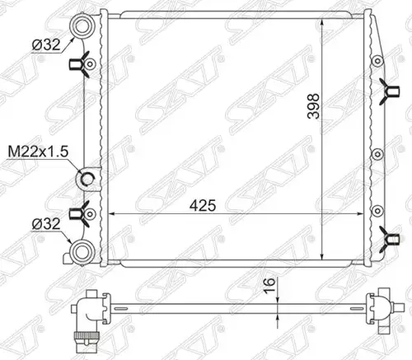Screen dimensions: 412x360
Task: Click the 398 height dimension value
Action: click(314, 106)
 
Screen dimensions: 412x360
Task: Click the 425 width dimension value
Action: click(203, 205)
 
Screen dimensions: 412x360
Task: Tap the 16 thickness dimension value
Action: click(269, 285)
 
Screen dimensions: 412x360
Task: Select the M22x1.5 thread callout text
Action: click(38, 152)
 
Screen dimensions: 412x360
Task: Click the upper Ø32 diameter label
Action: click(46, 44)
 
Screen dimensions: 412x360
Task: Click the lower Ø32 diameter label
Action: click(46, 224)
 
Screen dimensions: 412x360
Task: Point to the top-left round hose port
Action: click(82, 27)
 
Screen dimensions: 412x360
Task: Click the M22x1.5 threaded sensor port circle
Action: click(87, 180)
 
